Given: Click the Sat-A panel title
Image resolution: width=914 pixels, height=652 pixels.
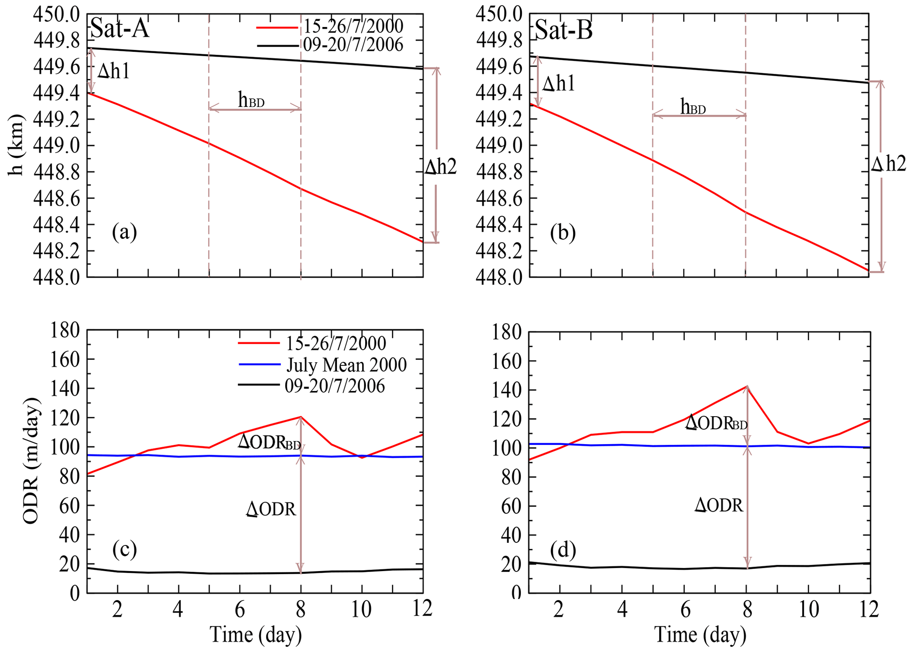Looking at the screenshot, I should pyautogui.click(x=119, y=29).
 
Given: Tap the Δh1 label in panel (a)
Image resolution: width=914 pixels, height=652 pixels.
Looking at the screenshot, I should pyautogui.click(x=114, y=71).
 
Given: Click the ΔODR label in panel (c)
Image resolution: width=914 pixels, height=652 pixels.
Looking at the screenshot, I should pyautogui.click(x=271, y=510).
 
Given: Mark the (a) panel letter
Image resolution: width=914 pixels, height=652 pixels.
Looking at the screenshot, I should pyautogui.click(x=124, y=232).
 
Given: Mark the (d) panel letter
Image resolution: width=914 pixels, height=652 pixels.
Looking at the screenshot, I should pyautogui.click(x=563, y=550).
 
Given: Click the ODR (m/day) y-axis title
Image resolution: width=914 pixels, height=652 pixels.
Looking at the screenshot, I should pyautogui.click(x=31, y=461).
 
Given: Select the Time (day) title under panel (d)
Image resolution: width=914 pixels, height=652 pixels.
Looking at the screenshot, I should pyautogui.click(x=700, y=635).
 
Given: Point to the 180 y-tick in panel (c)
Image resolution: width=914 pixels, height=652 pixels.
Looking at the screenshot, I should pyautogui.click(x=65, y=330).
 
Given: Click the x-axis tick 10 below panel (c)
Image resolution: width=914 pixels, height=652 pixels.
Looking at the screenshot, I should pyautogui.click(x=361, y=610).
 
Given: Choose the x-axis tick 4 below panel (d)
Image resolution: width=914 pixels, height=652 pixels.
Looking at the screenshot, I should pyautogui.click(x=622, y=610).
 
